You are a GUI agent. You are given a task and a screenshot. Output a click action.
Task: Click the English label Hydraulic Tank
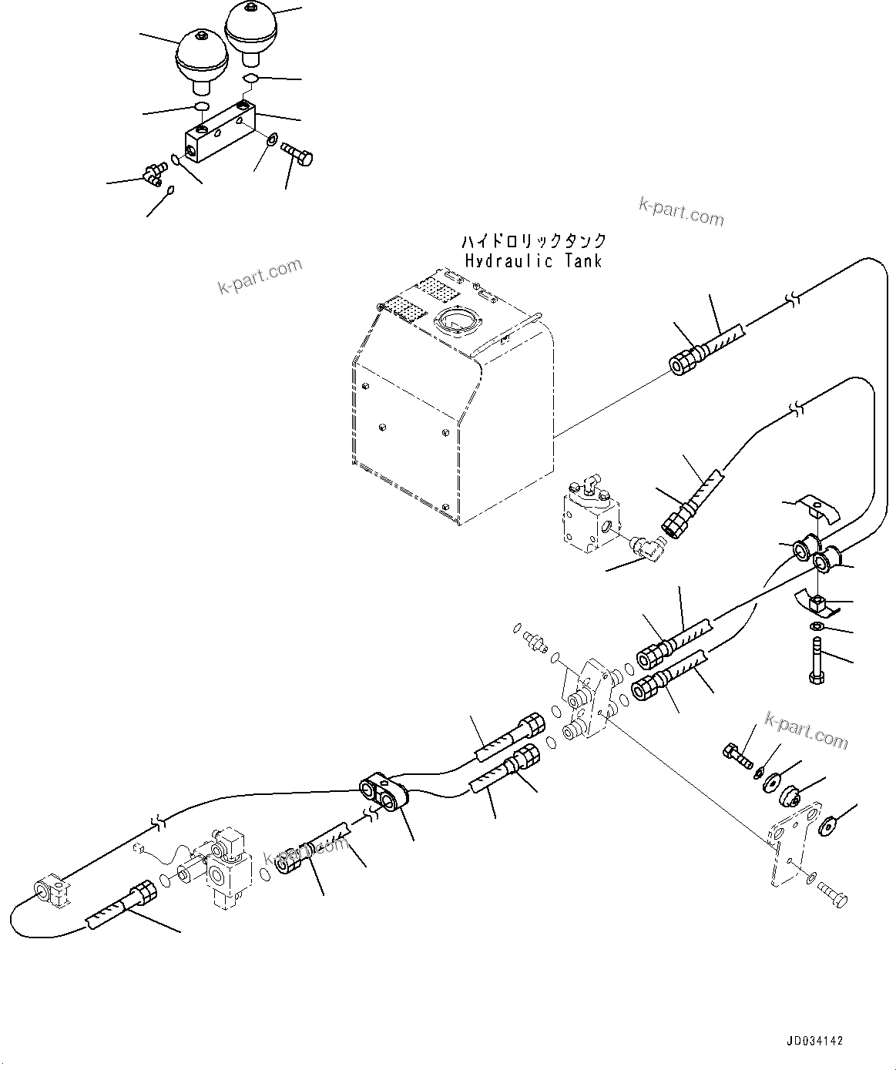[x=533, y=260]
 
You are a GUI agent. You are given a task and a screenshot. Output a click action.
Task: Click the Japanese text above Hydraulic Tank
[x=533, y=241]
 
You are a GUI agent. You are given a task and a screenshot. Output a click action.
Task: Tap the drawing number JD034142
[x=814, y=1041]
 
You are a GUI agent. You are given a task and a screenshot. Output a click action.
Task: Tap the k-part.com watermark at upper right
[x=681, y=211]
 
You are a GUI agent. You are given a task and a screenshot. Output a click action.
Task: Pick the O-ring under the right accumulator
[x=251, y=79]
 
